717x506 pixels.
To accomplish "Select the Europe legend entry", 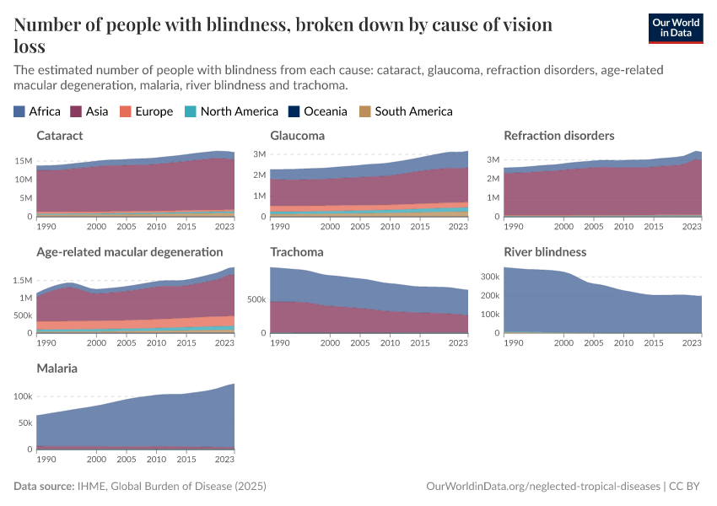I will [146, 111].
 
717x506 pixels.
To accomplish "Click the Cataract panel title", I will [60, 135].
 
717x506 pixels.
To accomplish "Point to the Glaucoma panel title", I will [297, 135].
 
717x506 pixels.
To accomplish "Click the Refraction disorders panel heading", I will [558, 135].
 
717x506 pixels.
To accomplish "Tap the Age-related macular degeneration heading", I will [130, 251].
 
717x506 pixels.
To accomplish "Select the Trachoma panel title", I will [297, 251].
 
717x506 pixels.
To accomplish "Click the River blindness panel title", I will [545, 251].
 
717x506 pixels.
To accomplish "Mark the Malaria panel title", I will [57, 369].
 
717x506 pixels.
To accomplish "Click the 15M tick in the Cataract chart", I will [23, 161].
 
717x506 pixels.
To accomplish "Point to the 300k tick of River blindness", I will [491, 277].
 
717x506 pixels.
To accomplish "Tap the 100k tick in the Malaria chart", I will [23, 396].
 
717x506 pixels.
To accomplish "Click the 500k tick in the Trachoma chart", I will [257, 299].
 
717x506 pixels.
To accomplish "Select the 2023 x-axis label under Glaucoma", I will [457, 227].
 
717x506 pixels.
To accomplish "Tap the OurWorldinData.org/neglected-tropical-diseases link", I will [543, 487].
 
